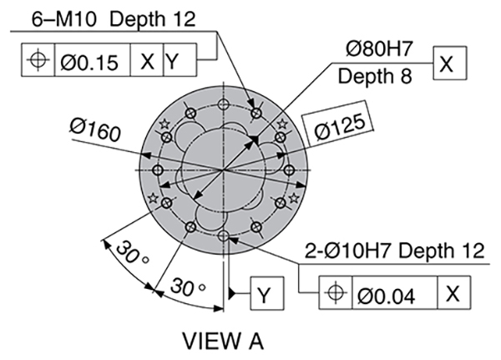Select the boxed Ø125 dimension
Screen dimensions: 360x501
[x=341, y=126]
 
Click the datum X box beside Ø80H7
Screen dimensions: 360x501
[x=448, y=63]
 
